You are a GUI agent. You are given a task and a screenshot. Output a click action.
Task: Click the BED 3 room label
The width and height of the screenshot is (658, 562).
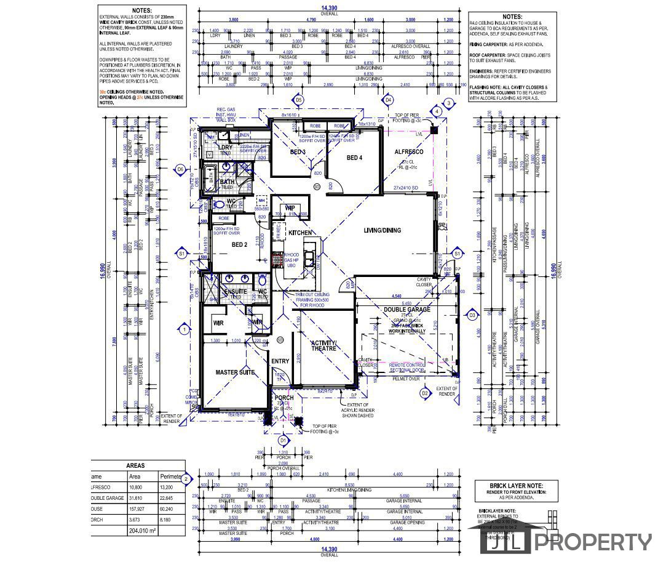(x=298, y=152)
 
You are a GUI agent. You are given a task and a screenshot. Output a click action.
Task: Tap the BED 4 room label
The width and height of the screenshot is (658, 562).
(x=355, y=158)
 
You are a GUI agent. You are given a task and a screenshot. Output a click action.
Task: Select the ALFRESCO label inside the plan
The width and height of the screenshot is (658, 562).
(x=408, y=151)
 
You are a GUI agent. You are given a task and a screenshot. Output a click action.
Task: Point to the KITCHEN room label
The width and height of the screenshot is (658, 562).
(x=300, y=233)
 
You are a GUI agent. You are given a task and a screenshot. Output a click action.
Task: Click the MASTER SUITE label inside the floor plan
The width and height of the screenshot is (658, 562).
(x=235, y=372)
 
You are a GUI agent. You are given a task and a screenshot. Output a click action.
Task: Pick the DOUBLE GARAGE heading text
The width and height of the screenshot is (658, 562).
(x=407, y=310)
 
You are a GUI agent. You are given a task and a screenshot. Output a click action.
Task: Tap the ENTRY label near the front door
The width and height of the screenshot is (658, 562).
(x=280, y=361)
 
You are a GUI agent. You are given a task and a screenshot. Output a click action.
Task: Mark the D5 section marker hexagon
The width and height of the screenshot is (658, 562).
(x=299, y=100)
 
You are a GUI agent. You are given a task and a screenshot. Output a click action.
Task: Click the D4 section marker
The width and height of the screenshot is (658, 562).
(x=388, y=100)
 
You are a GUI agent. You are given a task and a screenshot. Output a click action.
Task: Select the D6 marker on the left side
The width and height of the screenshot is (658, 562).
(x=181, y=169)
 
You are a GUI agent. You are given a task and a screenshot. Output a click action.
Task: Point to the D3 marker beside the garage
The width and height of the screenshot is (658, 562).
(x=472, y=315)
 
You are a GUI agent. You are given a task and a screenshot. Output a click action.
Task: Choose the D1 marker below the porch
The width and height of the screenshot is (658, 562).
(x=283, y=441)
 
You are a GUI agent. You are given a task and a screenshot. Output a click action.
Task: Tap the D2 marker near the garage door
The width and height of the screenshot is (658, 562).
(x=424, y=393)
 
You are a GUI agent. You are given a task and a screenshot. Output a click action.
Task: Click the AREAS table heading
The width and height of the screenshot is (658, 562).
(x=135, y=466)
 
